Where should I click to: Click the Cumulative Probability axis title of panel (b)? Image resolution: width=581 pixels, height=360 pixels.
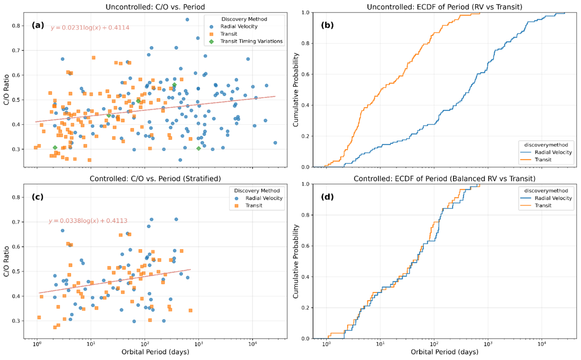297,89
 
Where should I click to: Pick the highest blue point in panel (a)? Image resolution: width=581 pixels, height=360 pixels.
187,20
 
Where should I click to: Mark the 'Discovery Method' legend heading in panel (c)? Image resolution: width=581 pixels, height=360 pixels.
255,190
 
